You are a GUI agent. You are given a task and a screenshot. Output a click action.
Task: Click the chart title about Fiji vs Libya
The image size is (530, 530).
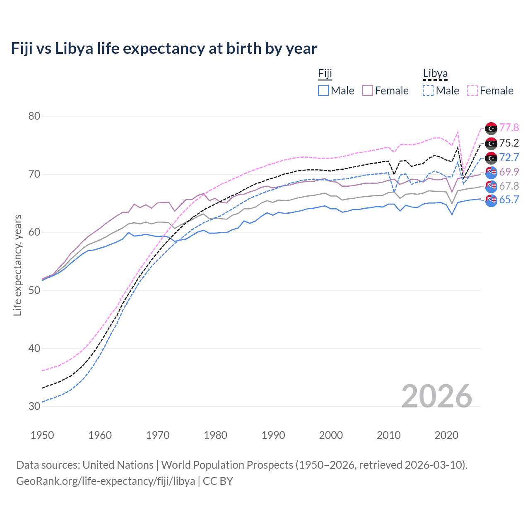[x=164, y=48]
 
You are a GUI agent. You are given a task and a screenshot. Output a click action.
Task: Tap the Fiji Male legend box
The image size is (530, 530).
[x=323, y=91]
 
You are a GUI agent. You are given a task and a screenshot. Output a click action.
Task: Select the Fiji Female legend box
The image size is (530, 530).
[x=367, y=91]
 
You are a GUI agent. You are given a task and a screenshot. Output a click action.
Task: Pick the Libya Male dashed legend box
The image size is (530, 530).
[x=428, y=91]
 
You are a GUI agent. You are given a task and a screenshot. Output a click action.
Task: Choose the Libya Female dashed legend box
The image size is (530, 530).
[x=472, y=91]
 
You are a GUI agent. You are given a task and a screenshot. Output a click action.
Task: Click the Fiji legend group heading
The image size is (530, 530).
[x=325, y=74]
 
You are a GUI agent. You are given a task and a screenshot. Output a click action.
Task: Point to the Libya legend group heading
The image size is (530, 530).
[x=435, y=74]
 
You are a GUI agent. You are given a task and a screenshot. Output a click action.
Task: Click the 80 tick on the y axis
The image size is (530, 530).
[x=34, y=116]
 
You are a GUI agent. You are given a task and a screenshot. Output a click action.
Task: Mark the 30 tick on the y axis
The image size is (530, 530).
[x=34, y=406]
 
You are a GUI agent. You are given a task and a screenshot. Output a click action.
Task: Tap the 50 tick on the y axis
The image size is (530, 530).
[x=34, y=290]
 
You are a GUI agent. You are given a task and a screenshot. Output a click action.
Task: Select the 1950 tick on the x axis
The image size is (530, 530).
[x=42, y=435]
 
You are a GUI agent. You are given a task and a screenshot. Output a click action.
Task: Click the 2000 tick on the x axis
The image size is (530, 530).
[x=331, y=435]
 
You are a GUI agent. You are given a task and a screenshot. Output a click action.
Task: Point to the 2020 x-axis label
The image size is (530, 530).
[x=446, y=435]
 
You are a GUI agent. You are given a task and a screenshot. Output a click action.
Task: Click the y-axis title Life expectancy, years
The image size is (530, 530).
[x=17, y=265]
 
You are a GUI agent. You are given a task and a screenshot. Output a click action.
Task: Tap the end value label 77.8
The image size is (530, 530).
[x=509, y=128]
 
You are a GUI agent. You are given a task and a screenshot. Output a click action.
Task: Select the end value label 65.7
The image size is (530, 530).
[x=509, y=200]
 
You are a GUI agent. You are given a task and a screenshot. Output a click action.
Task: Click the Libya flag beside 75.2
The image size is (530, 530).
[x=491, y=143]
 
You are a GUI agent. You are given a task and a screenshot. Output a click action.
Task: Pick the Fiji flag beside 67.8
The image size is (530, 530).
[x=491, y=186]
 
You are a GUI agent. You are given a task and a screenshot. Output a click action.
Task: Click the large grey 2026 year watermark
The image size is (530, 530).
[x=437, y=396]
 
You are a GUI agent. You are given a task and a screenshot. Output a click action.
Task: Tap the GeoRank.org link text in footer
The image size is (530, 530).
[x=106, y=481]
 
